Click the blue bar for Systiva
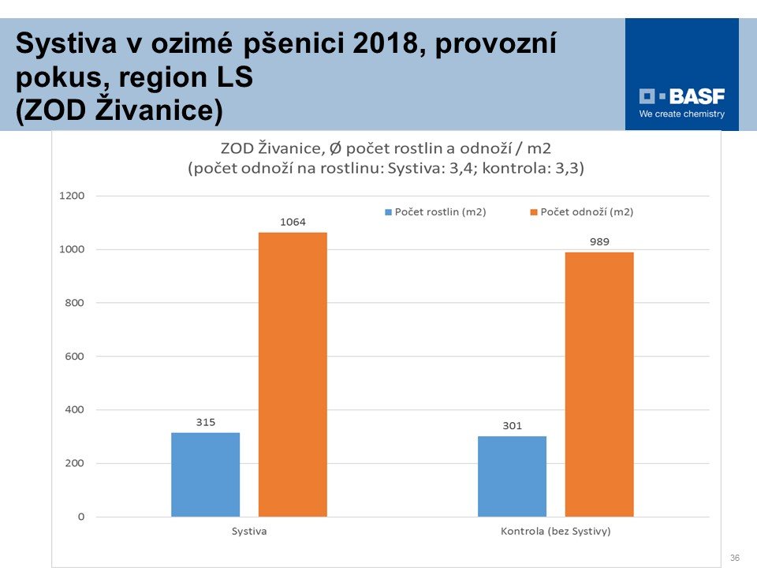(x=205, y=474)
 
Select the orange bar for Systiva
(x=293, y=375)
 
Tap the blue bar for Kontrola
(x=512, y=476)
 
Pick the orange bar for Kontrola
(x=599, y=384)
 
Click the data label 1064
(x=293, y=222)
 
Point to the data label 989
(x=599, y=241)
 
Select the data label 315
(x=205, y=423)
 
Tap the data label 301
(x=512, y=426)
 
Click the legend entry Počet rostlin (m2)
(x=434, y=212)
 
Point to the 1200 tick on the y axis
(x=73, y=196)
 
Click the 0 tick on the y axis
(x=80, y=517)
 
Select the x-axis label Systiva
(x=249, y=532)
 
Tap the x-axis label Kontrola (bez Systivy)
(x=556, y=532)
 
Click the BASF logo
(x=682, y=97)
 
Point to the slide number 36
(x=734, y=558)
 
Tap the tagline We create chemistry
(x=681, y=114)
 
